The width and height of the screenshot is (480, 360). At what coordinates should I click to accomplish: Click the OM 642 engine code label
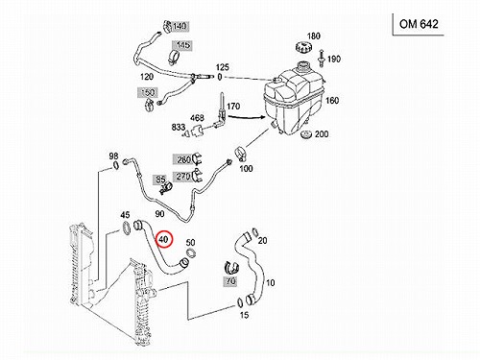pos(419,24)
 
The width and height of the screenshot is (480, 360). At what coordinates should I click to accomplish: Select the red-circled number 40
pos(164,239)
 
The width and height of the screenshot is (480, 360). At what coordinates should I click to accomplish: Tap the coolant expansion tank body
pos(293,98)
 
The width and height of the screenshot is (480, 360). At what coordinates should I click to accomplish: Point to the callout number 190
pos(334,60)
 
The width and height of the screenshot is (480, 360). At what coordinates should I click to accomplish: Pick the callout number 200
pos(322,134)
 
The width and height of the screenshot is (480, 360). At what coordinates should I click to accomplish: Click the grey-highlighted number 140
pos(180,26)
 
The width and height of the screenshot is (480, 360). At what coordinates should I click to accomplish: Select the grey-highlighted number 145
pos(181,45)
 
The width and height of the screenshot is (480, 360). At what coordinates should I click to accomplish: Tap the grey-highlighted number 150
pos(148,93)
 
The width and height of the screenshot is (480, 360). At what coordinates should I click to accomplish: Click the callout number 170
pos(233,107)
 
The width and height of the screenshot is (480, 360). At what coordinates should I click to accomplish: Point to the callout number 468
pos(197,118)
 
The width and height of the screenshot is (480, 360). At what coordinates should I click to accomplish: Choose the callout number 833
pos(179,127)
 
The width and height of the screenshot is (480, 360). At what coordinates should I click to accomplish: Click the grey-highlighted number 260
pos(183,159)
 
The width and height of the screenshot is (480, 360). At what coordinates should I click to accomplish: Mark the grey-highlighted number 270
pos(183,176)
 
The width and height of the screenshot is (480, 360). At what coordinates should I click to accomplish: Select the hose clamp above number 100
pos(242,154)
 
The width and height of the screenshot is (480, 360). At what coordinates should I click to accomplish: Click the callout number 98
pos(113,156)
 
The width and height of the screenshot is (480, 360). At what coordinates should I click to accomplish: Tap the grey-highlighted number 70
pos(230,281)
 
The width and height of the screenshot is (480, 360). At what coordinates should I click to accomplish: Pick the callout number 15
pos(244,315)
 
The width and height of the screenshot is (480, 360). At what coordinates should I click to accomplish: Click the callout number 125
pos(223,67)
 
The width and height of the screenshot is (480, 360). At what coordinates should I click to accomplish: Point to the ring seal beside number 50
pos(191,252)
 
